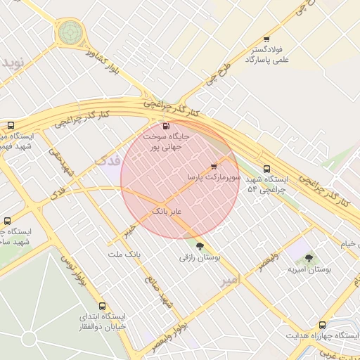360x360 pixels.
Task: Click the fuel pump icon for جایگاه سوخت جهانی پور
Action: [166, 127]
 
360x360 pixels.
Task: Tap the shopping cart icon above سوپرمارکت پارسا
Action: [213, 167]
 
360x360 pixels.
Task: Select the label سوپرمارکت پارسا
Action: [214, 179]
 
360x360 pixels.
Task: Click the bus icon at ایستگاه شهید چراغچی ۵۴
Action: [266, 169]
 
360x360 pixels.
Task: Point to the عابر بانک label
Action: [167, 210]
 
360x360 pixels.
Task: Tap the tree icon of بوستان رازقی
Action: [200, 246]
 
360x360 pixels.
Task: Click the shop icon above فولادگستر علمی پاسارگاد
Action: [266, 39]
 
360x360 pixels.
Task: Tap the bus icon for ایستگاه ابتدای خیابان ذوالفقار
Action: [103, 306]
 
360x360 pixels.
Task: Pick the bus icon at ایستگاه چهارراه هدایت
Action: [322, 325]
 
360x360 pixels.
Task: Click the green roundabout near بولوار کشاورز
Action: [70, 32]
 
